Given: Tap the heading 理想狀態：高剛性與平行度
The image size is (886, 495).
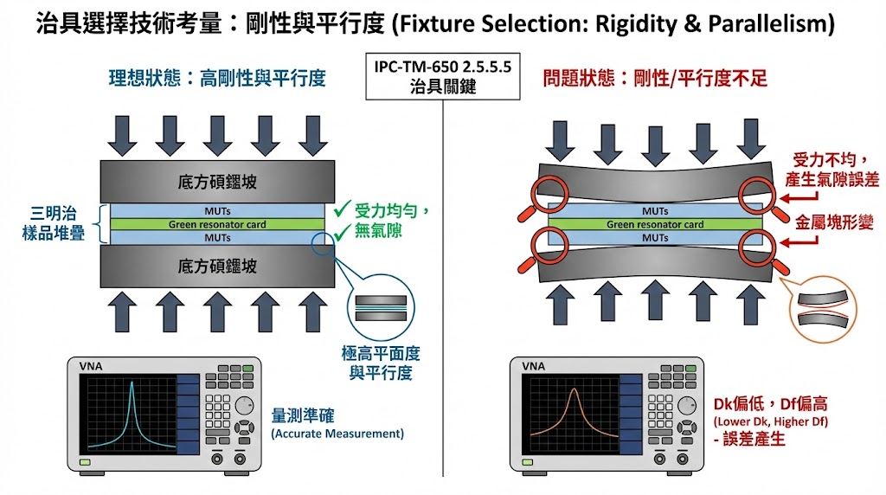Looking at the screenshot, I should coord(216,78).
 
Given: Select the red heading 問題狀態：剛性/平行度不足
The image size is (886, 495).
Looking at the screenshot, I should coord(655,78).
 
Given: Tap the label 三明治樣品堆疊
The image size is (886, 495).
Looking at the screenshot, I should coord(52,222).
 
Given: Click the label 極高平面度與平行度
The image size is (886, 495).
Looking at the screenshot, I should coord(380,363).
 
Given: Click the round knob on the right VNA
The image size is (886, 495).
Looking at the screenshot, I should coord(687,404).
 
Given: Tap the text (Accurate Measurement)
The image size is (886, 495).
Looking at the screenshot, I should coord(337,433).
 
